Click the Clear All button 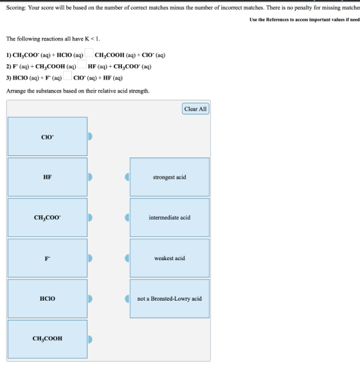(x=195, y=109)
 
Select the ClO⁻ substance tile (x=48, y=136)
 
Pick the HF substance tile (x=48, y=177)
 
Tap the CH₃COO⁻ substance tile (x=48, y=217)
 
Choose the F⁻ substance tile (x=48, y=258)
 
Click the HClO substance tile (x=48, y=299)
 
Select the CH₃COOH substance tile (x=48, y=339)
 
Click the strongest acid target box (x=170, y=177)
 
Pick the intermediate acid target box (x=170, y=217)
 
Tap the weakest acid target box (x=170, y=258)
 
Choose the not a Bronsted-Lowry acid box (x=170, y=299)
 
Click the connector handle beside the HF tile (x=90, y=177)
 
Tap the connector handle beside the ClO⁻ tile (x=90, y=136)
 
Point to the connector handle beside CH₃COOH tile (x=90, y=339)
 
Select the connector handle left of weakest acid (x=127, y=258)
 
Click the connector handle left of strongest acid (x=127, y=177)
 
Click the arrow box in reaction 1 (x=89, y=53)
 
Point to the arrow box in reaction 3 (x=67, y=76)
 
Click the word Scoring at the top (x=16, y=8)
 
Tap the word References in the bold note (x=278, y=19)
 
